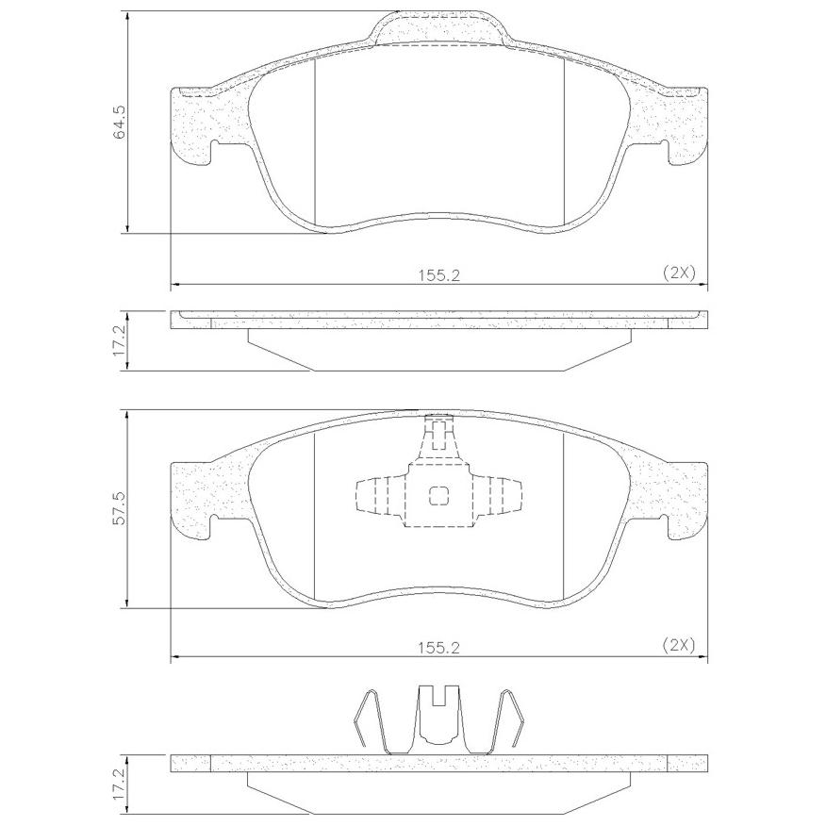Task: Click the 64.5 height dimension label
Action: pyautogui.click(x=120, y=122)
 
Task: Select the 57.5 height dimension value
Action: pyautogui.click(x=120, y=508)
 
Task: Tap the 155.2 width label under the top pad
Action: pyautogui.click(x=438, y=275)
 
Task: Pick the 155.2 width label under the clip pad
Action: pyautogui.click(x=438, y=648)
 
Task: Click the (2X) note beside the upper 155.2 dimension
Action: pyautogui.click(x=679, y=273)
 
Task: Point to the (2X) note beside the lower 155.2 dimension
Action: pyautogui.click(x=679, y=645)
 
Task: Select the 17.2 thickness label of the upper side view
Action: pyautogui.click(x=120, y=340)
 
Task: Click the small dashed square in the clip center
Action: pyautogui.click(x=438, y=495)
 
